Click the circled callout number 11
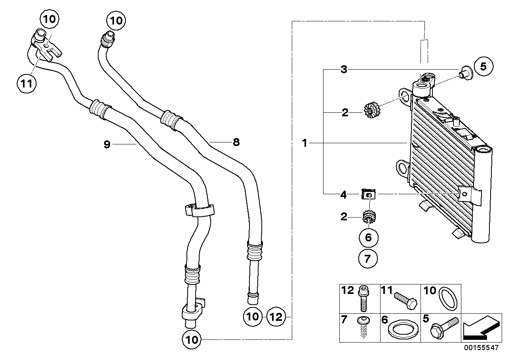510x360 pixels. click(26, 83)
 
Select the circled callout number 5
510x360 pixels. click(483, 66)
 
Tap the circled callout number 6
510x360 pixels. click(369, 237)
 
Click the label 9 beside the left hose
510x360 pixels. click(107, 144)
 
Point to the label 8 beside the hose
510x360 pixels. click(236, 142)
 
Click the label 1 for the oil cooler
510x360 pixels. click(305, 143)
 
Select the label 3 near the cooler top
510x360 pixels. click(344, 70)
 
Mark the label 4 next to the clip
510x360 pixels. click(344, 194)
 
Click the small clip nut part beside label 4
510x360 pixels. click(368, 194)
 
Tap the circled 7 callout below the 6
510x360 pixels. click(369, 259)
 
